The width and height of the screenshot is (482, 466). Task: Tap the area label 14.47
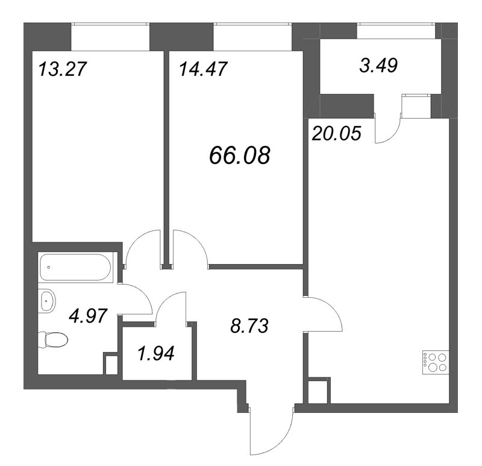click(202, 69)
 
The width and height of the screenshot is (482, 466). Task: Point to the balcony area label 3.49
click(378, 66)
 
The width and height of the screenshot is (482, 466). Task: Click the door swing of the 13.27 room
click(142, 248)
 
